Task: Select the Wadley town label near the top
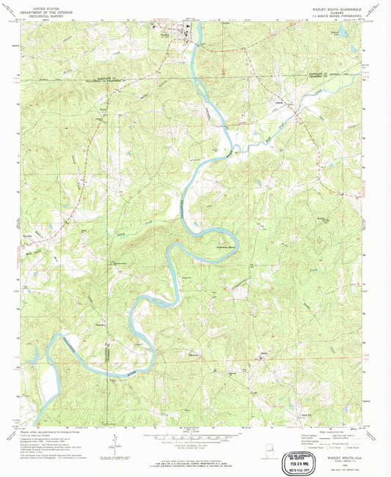point(166,32)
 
